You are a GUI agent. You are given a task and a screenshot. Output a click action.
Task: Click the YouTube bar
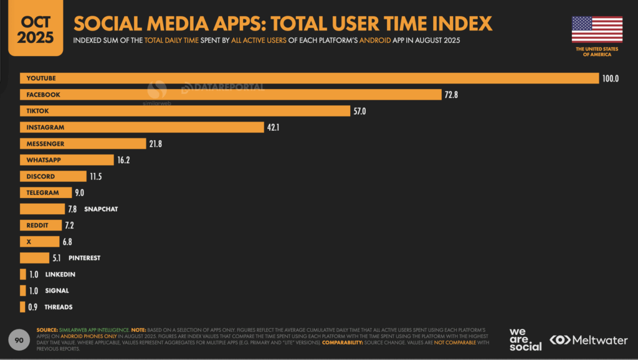[309, 78]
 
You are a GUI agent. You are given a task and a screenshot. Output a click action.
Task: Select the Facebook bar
[231, 94]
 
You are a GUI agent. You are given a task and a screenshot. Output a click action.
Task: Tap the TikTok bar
[184, 111]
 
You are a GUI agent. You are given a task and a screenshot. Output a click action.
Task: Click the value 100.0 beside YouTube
[610, 78]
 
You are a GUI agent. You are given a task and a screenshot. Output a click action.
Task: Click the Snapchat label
[101, 209]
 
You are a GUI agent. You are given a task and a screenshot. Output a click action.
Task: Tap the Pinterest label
[84, 258]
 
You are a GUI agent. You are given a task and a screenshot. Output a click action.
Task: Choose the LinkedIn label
[60, 274]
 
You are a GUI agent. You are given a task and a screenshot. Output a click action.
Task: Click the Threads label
[58, 307]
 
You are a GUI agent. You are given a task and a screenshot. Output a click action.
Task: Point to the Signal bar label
[57, 290]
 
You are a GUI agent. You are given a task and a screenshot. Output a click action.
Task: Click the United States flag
[597, 29]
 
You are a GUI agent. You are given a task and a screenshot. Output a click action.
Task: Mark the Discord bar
[53, 176]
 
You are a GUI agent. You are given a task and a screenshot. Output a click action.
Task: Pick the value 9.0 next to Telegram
[79, 193]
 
